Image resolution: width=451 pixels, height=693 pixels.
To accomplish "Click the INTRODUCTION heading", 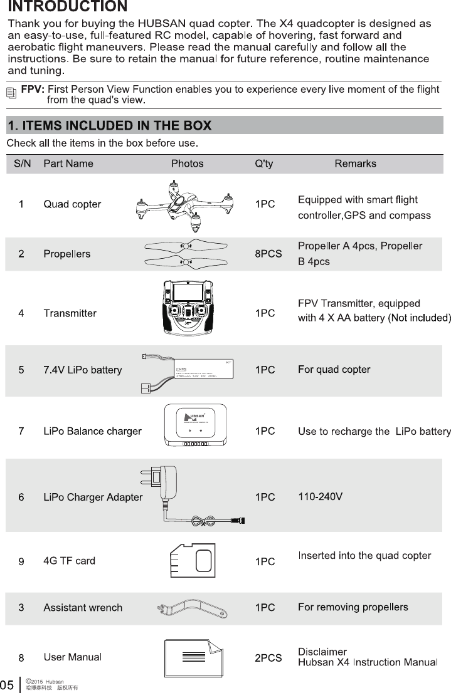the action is pyautogui.click(x=68, y=7).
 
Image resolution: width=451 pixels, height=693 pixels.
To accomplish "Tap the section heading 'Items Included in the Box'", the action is pyautogui.click(x=109, y=125).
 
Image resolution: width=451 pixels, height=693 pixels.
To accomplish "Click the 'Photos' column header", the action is pyautogui.click(x=187, y=164).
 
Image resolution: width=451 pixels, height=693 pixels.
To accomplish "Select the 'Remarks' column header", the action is pyautogui.click(x=355, y=164).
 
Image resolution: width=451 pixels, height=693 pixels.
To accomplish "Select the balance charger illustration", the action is pyautogui.click(x=194, y=425).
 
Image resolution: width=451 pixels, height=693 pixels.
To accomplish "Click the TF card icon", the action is pyautogui.click(x=193, y=560).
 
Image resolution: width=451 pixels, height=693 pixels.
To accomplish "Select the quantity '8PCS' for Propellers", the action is pyautogui.click(x=268, y=254).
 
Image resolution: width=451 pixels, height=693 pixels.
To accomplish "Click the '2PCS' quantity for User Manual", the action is pyautogui.click(x=268, y=659).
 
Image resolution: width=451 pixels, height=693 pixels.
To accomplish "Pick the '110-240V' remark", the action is pyautogui.click(x=320, y=498).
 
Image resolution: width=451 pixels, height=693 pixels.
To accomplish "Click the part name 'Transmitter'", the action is pyautogui.click(x=70, y=313).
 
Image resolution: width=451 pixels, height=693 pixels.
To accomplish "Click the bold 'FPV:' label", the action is pyautogui.click(x=33, y=90).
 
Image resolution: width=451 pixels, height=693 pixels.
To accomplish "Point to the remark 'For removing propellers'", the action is pyautogui.click(x=353, y=607).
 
